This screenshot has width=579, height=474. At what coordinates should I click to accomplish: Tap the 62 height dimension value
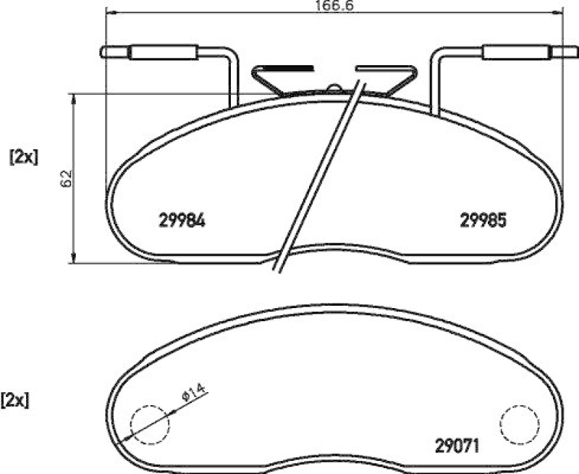click(66, 178)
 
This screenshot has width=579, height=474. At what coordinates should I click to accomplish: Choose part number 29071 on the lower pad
click(457, 444)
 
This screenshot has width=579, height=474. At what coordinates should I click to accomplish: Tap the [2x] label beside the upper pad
click(22, 157)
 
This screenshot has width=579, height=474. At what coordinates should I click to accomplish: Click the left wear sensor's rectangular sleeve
click(163, 51)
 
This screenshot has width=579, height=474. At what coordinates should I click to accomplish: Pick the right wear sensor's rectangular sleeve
click(516, 51)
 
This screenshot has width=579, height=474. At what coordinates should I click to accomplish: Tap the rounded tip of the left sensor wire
click(103, 51)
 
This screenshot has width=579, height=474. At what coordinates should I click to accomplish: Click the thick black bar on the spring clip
click(290, 66)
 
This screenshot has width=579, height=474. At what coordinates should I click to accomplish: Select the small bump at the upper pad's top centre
click(334, 88)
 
